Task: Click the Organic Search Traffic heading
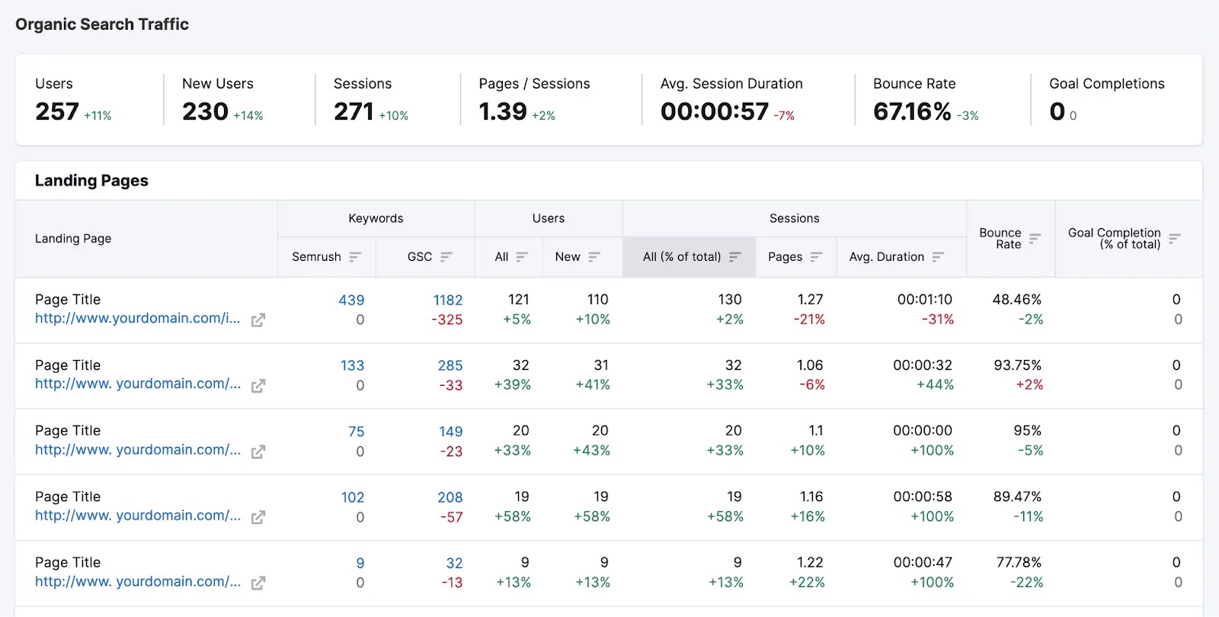[x=102, y=24]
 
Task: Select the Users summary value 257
[x=57, y=111]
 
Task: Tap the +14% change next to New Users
[x=248, y=116]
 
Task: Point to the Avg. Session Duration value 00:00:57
[x=715, y=111]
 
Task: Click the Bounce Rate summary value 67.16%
[x=912, y=111]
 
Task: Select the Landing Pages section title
[x=91, y=181]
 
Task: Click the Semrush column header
[x=316, y=257]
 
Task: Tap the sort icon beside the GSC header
[x=446, y=257]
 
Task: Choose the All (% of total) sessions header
[x=682, y=257]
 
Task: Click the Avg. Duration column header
[x=886, y=257]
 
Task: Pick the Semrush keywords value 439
[x=351, y=300]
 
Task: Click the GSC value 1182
[x=448, y=300]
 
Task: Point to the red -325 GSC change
[x=447, y=320]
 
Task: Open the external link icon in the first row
[x=258, y=320]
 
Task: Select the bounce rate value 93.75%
[x=1017, y=365]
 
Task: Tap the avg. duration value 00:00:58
[x=923, y=496]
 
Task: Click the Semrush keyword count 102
[x=353, y=497]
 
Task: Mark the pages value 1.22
[x=810, y=562]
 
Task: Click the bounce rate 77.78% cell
[x=1019, y=562]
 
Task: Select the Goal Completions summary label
[x=1106, y=84]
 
